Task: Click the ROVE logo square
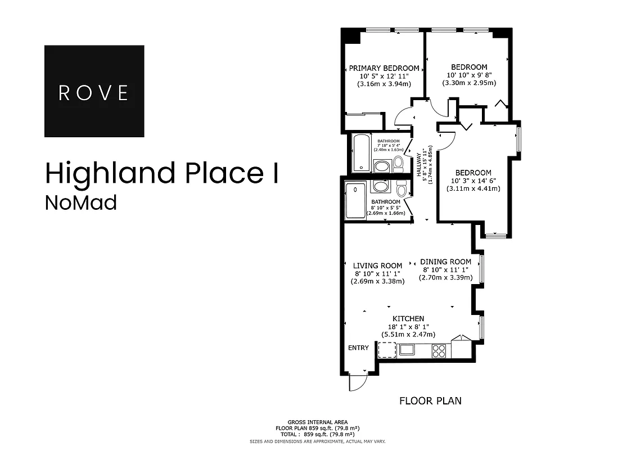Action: click(x=94, y=91)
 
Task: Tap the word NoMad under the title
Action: click(x=80, y=202)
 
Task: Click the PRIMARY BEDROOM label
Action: click(x=384, y=68)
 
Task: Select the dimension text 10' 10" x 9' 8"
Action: click(x=469, y=75)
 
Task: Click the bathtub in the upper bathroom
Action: click(x=360, y=152)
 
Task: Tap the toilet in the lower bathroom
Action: click(x=402, y=187)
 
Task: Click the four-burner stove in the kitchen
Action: click(x=439, y=351)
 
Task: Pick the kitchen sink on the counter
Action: click(x=407, y=350)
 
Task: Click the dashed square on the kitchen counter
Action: click(x=386, y=350)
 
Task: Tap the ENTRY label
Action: click(x=358, y=348)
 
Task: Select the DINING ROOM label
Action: click(x=445, y=262)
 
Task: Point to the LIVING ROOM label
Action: click(x=377, y=265)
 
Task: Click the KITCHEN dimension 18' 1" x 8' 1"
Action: click(x=408, y=326)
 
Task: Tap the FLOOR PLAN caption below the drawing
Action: click(x=430, y=401)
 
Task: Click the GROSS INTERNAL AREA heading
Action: click(x=318, y=422)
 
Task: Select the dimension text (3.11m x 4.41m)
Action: click(x=473, y=188)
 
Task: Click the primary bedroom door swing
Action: click(x=404, y=116)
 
